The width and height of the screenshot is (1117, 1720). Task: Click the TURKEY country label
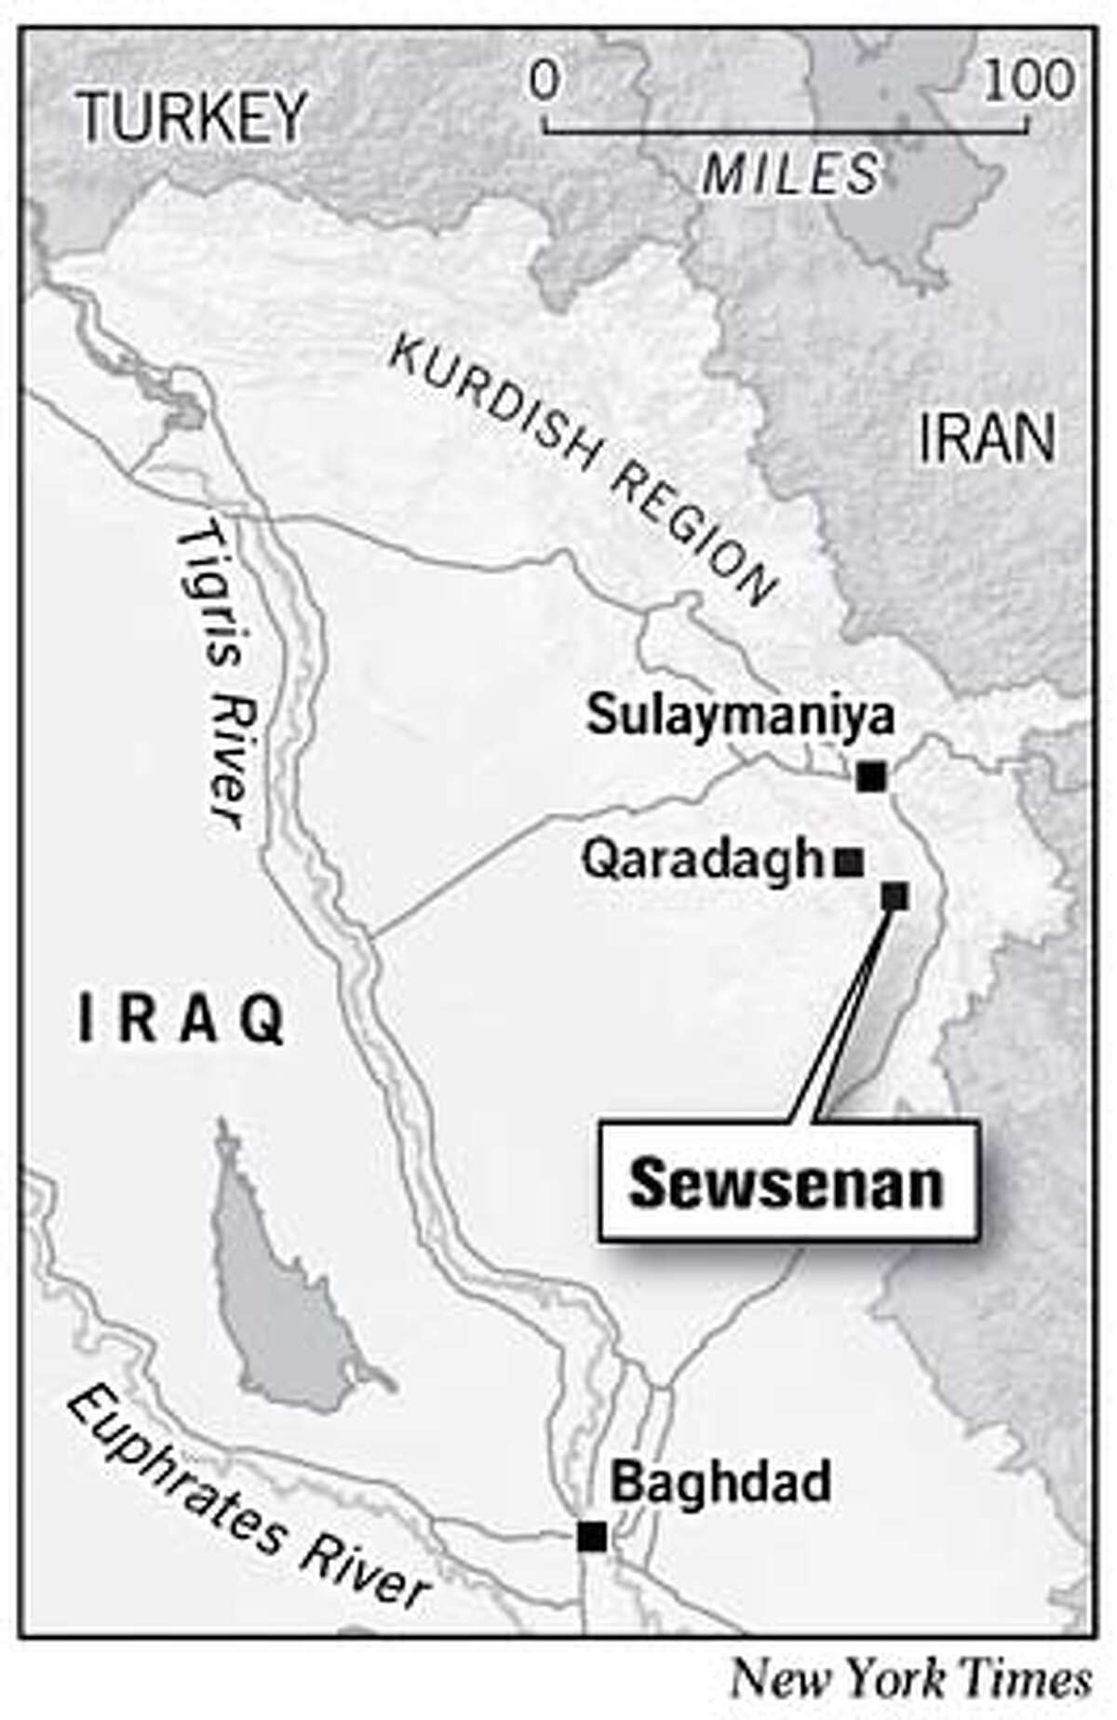(192, 118)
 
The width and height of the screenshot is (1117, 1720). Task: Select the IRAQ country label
(181, 1021)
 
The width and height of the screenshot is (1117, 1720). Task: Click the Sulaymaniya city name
(740, 716)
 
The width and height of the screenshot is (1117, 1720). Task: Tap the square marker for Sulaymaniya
(872, 775)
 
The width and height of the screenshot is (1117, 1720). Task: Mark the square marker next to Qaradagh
(848, 864)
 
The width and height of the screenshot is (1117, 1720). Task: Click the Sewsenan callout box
(787, 1183)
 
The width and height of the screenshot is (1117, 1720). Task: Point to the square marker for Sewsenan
(895, 896)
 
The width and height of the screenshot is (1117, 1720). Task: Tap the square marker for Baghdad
(592, 1536)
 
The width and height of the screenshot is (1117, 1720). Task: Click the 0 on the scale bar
(545, 82)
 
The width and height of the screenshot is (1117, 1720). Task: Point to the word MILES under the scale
(790, 174)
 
